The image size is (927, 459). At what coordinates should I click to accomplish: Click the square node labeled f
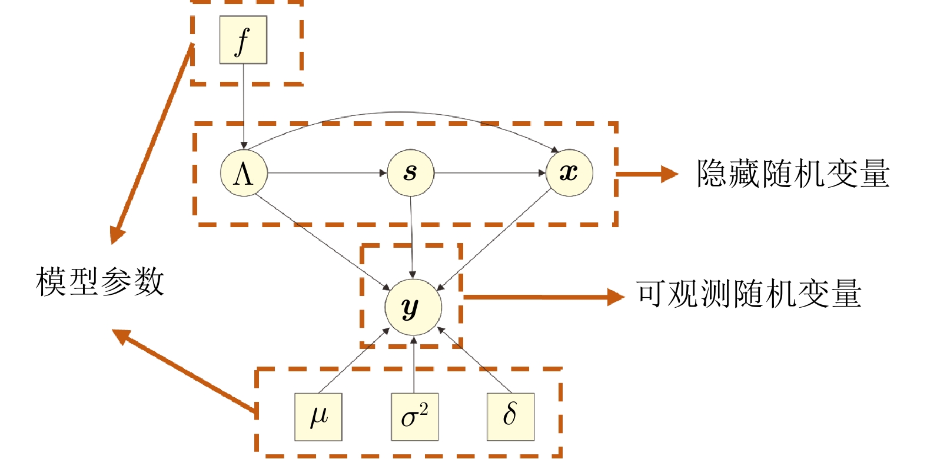pyautogui.click(x=243, y=39)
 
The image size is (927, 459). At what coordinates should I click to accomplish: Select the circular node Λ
pyautogui.click(x=244, y=173)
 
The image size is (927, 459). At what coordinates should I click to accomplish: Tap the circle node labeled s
pyautogui.click(x=410, y=173)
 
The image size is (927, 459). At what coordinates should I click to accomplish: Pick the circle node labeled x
pyautogui.click(x=569, y=173)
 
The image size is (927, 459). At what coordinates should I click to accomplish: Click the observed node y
pyautogui.click(x=413, y=307)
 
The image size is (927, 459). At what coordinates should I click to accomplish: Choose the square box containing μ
pyautogui.click(x=318, y=417)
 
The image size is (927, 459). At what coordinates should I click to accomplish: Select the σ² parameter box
pyautogui.click(x=414, y=417)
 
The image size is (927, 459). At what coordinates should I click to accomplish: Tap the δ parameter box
pyautogui.click(x=510, y=417)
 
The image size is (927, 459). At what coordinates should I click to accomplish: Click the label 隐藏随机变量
pyautogui.click(x=792, y=174)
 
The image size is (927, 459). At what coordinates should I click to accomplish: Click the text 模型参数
pyautogui.click(x=100, y=282)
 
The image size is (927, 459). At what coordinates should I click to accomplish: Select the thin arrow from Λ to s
pyautogui.click(x=327, y=173)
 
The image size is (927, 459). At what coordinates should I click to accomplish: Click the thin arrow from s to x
pyautogui.click(x=490, y=173)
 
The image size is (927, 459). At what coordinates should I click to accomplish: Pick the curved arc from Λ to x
pyautogui.click(x=400, y=112)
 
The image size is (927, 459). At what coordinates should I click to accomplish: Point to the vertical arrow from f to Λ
pyautogui.click(x=243, y=106)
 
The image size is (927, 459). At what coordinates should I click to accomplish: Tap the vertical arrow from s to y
pyautogui.click(x=411, y=235)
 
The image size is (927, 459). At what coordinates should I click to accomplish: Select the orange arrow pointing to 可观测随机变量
pyautogui.click(x=541, y=297)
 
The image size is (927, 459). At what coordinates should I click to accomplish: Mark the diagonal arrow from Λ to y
pyautogui.click(x=321, y=241)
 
